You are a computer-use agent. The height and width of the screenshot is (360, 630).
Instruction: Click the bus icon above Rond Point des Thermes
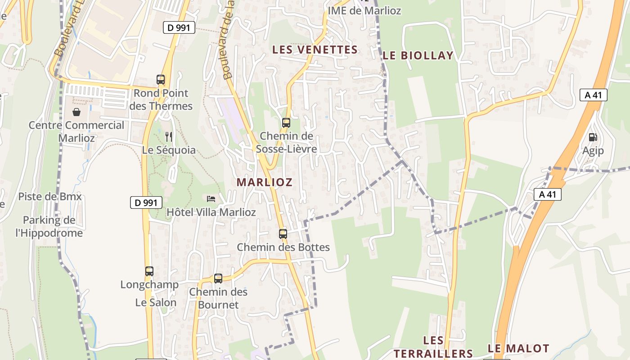[161, 80]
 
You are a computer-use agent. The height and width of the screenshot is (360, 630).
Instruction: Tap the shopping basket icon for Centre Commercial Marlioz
[76, 112]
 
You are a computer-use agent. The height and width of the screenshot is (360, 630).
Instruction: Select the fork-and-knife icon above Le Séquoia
[169, 136]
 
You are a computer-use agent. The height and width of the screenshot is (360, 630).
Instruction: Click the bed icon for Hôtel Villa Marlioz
[211, 198]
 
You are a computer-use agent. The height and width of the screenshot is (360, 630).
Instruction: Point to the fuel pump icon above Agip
[593, 137]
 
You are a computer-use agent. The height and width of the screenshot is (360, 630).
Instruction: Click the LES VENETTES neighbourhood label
[315, 49]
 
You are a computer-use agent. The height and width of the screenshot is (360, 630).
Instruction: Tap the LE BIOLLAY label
[418, 55]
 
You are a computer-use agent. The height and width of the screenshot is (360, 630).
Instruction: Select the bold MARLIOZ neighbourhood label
[265, 182]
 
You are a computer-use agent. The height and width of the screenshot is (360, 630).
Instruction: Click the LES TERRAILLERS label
[433, 347]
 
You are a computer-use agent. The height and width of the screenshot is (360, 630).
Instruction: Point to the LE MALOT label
[518, 348]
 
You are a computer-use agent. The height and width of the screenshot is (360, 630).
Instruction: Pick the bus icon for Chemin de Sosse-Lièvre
[286, 122]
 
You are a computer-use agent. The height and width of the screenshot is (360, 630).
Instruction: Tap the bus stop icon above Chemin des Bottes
[283, 234]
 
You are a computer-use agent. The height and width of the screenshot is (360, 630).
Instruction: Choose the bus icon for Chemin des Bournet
[218, 279]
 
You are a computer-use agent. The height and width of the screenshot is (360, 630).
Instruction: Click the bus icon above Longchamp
[149, 271]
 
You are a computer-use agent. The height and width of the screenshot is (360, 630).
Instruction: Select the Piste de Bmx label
[50, 197]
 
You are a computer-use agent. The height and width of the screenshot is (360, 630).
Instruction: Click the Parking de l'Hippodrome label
[49, 226]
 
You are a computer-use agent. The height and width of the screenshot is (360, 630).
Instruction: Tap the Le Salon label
[156, 302]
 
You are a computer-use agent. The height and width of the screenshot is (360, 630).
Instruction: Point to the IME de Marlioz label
[364, 10]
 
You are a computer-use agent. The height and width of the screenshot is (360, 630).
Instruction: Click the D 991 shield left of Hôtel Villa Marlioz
[146, 202]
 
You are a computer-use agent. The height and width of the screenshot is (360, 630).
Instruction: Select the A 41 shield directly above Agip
[594, 95]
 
